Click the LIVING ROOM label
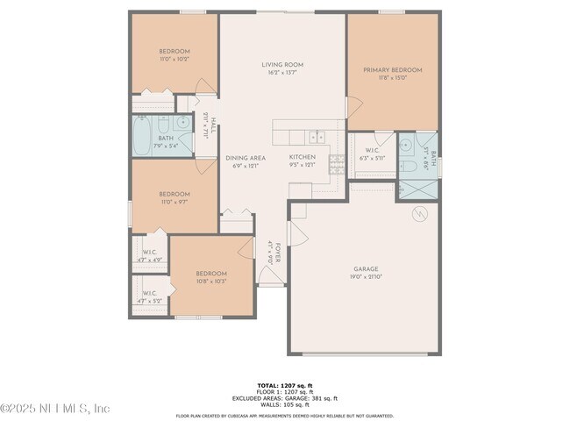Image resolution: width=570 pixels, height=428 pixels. [282, 65]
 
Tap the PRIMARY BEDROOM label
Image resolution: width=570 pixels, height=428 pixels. [393, 70]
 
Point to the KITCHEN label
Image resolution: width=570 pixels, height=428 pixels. [303, 158]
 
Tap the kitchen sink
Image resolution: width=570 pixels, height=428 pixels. [317, 136]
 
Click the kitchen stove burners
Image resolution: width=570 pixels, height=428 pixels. [336, 161]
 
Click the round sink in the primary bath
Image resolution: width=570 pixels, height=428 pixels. [406, 145]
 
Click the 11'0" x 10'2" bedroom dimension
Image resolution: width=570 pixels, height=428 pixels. [175, 61]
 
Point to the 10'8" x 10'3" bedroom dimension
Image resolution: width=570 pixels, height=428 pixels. [211, 282]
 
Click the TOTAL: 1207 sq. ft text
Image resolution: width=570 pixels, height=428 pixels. [284, 385]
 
